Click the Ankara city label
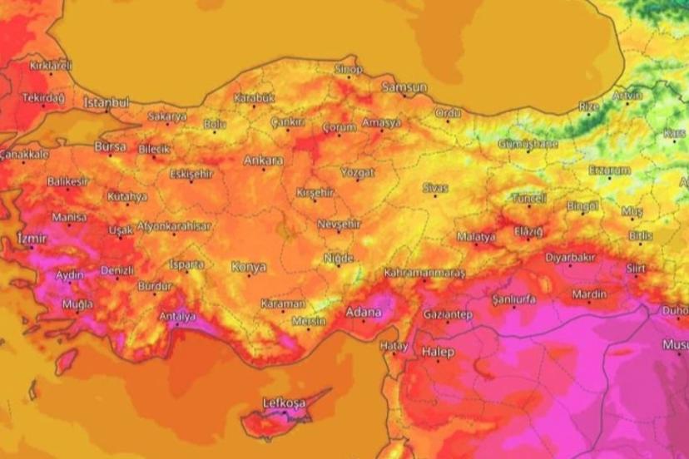point(264,160)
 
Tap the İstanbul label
point(107,102)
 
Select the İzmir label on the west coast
point(32,239)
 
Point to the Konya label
point(250,267)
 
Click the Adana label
point(363,313)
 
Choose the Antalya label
point(177,316)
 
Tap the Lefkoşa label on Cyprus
point(284,403)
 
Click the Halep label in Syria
point(439,352)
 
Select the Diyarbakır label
point(570,257)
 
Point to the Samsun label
point(404,86)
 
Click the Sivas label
point(435,188)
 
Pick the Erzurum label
point(609,170)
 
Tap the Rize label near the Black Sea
point(588,106)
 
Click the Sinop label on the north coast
point(349,69)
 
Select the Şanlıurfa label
point(513,299)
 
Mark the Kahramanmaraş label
point(424,273)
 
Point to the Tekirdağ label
point(43,98)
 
